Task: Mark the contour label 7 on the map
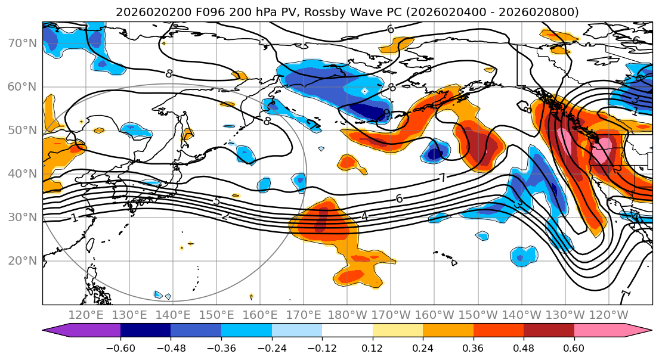point(443,178)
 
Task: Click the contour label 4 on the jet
point(364,216)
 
